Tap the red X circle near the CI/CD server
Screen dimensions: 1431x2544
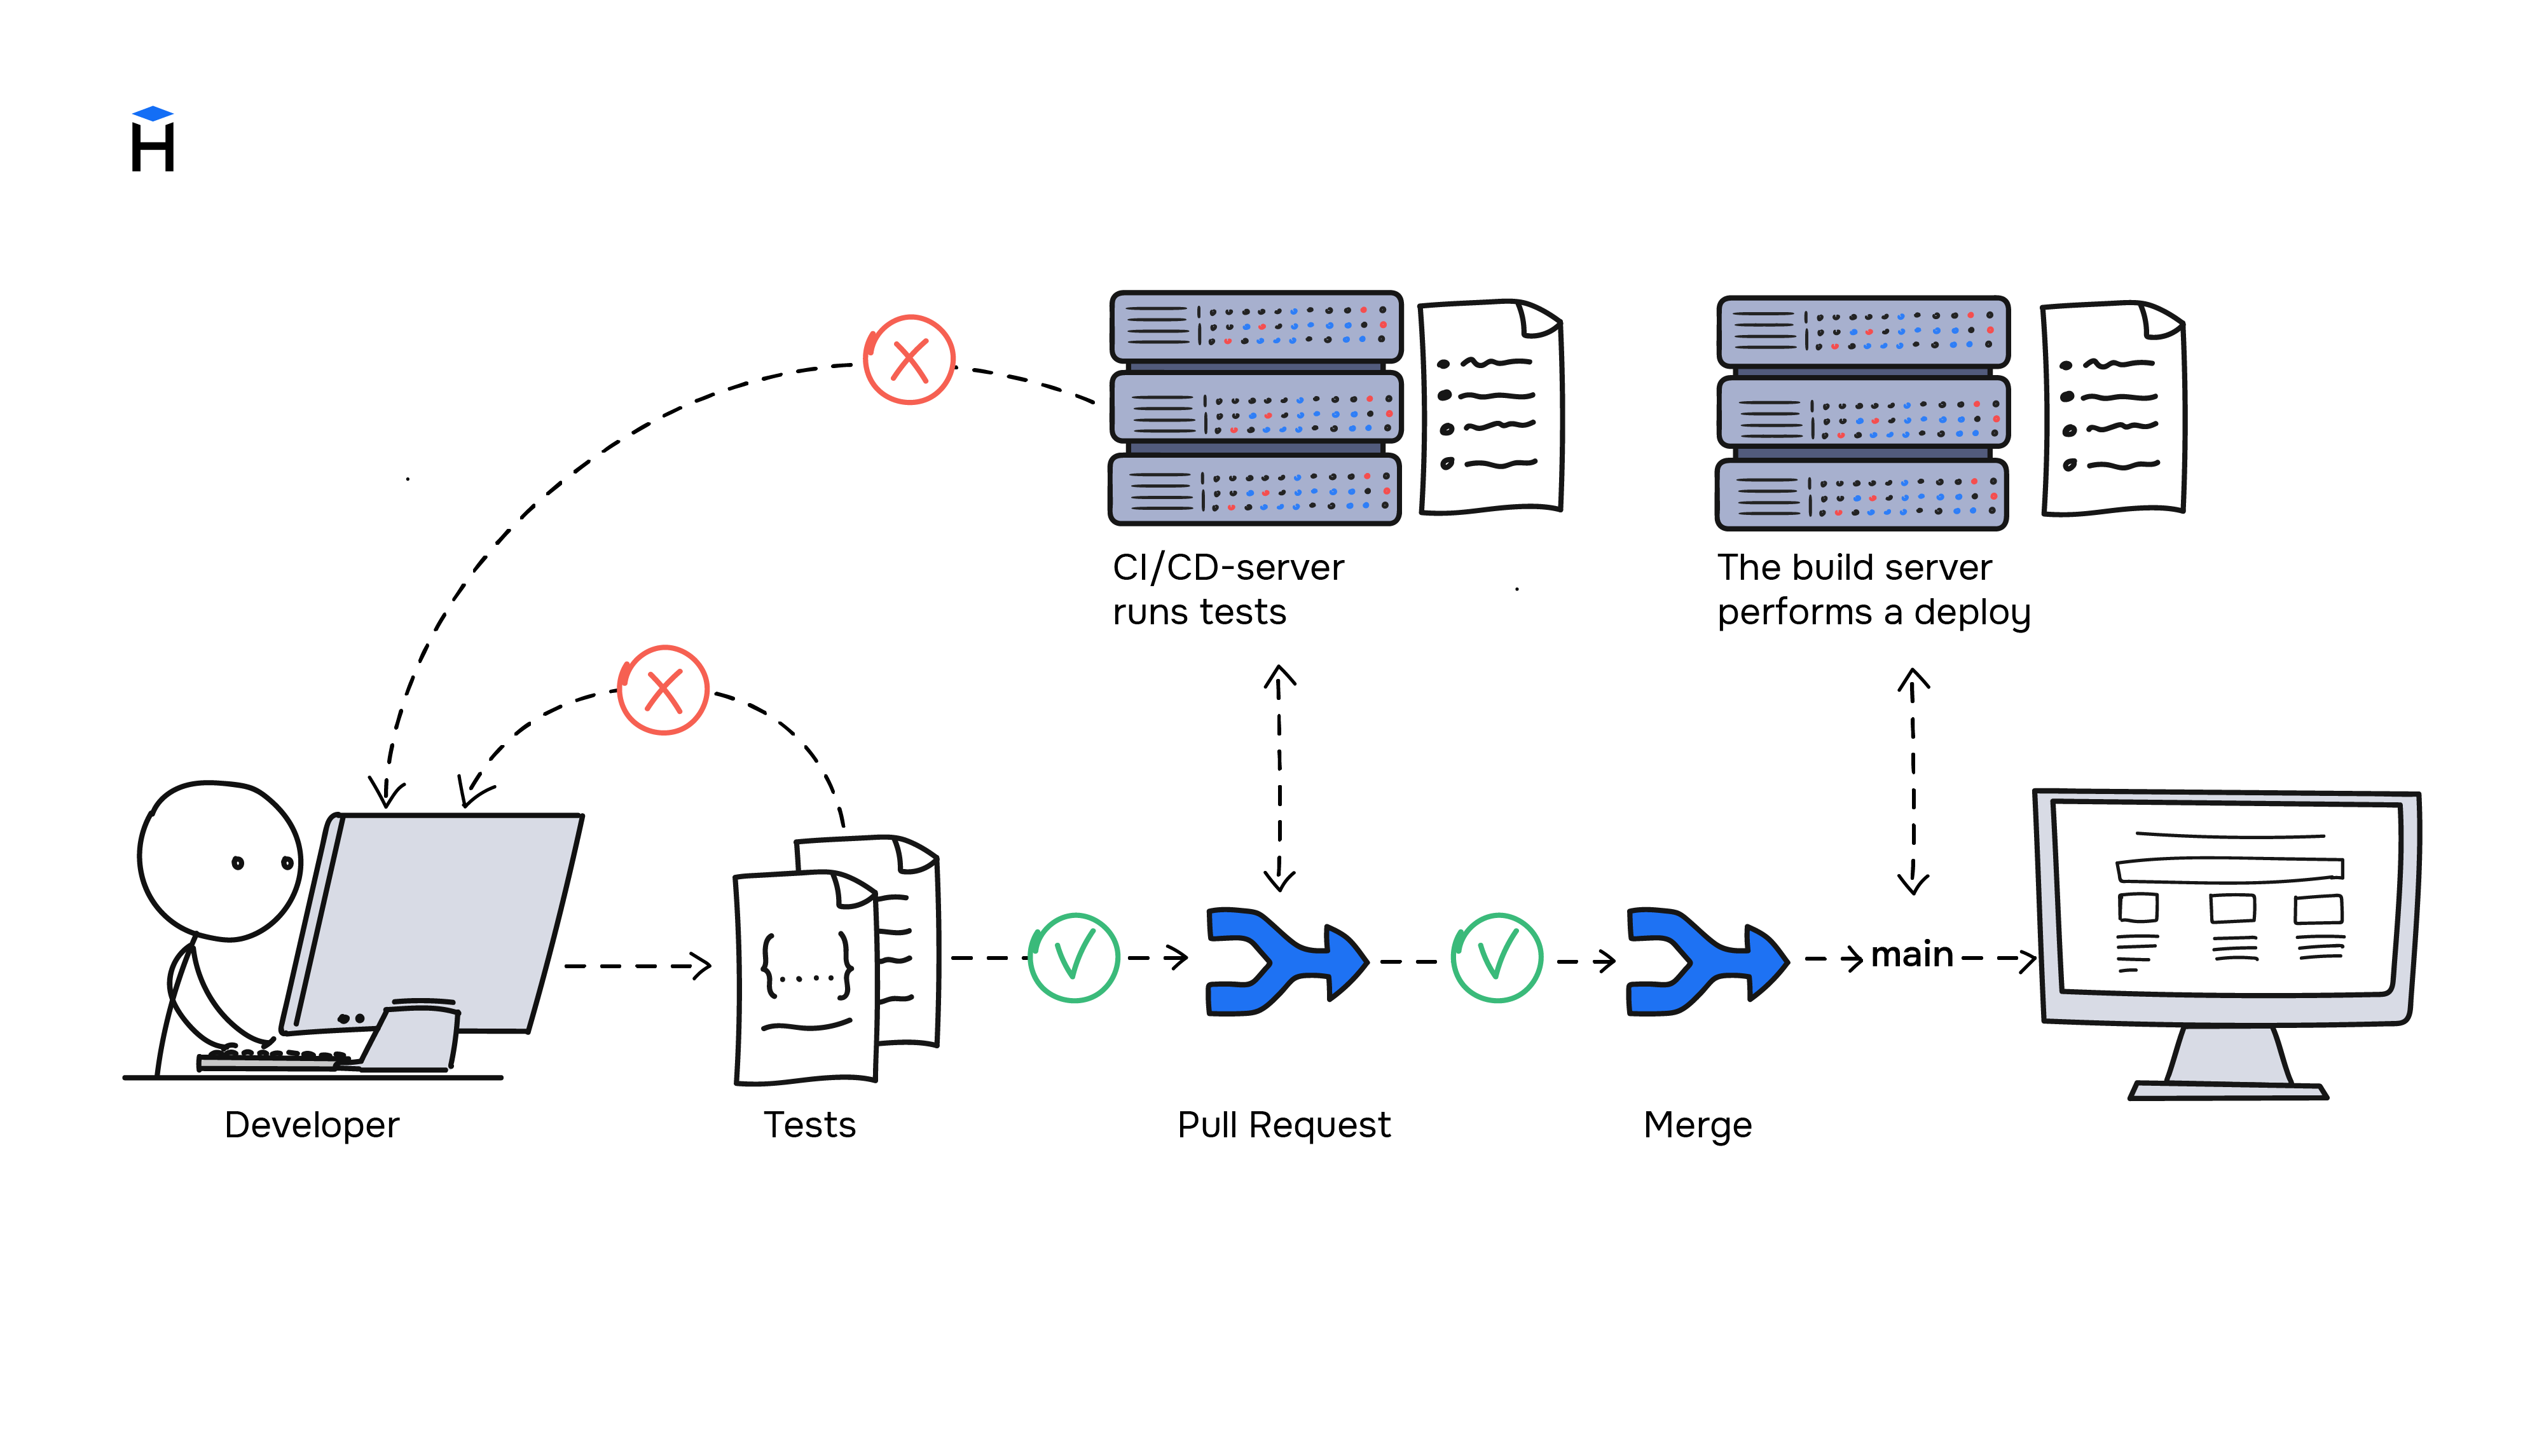909,359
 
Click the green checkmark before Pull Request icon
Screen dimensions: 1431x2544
1073,957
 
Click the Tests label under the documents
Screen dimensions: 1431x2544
809,1125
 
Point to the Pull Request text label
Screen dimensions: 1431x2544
1283,1125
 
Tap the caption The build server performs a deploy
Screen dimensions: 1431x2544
1873,589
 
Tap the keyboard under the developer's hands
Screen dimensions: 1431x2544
272,1060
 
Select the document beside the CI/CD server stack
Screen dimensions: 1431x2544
1490,408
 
